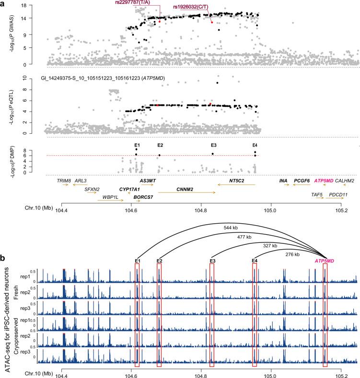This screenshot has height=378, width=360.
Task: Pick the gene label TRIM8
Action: pos(63,181)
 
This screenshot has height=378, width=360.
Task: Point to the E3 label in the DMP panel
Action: pos(213,145)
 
